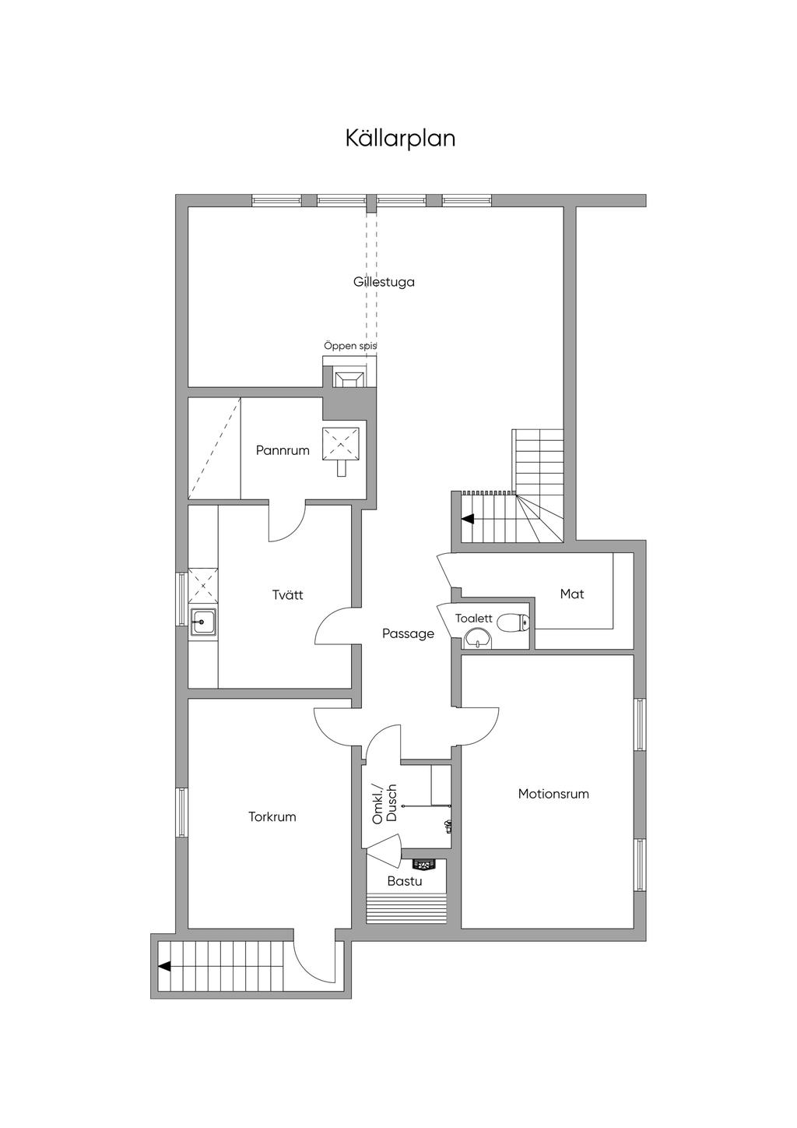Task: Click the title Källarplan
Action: [x=400, y=139]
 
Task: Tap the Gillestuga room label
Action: [x=384, y=282]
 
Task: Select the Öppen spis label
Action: [x=350, y=347]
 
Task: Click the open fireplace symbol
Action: [x=349, y=378]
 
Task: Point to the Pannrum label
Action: [x=283, y=450]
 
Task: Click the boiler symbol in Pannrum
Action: [x=341, y=450]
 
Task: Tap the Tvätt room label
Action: [x=288, y=594]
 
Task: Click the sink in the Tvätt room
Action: [x=203, y=623]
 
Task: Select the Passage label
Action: [x=408, y=633]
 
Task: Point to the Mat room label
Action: [x=572, y=594]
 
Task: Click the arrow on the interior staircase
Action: [x=468, y=519]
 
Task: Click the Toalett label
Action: [x=473, y=619]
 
